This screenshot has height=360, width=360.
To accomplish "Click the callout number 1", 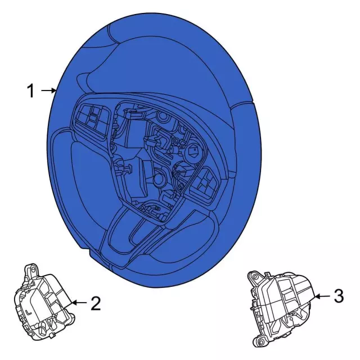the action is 31,91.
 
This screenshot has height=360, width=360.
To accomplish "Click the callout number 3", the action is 339,296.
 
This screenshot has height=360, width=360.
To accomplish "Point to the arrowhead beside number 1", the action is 53,91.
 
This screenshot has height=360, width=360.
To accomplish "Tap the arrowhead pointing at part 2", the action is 74,303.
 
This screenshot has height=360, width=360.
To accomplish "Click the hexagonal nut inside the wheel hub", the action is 194,151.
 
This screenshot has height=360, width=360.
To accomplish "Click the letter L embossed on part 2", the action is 29,313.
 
